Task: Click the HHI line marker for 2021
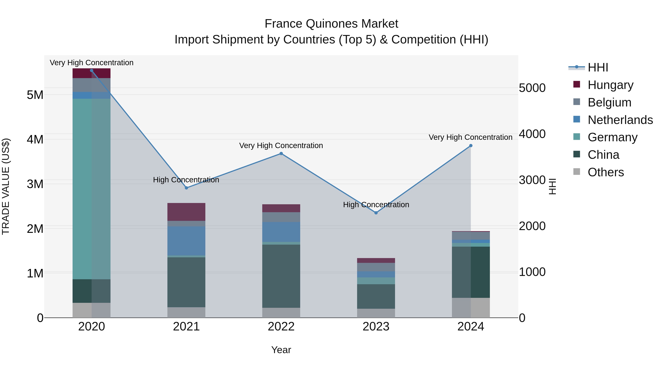(186, 188)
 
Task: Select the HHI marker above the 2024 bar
(471, 146)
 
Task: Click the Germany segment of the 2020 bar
(91, 189)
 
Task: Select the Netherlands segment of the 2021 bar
(186, 241)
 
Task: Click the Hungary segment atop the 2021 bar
(186, 212)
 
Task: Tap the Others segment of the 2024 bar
(471, 308)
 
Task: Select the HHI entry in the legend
(598, 67)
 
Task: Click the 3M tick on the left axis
(35, 184)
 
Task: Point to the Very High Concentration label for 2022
(281, 146)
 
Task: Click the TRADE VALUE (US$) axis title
(6, 186)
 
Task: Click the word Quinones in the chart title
(332, 24)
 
